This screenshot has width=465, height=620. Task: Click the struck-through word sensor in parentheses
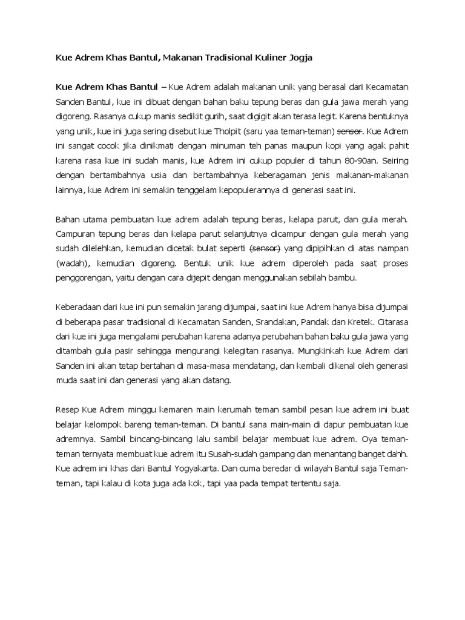tap(264, 249)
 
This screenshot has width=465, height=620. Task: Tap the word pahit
tap(397, 146)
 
